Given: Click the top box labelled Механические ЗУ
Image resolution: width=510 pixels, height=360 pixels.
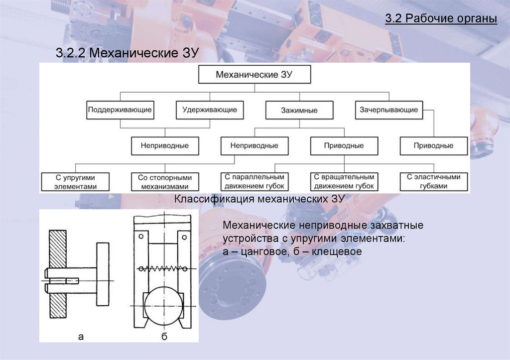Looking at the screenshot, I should (255, 75).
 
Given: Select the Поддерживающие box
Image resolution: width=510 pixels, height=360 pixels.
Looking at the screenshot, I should (120, 110).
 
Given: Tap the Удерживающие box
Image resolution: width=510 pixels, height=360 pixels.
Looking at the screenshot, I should (209, 110).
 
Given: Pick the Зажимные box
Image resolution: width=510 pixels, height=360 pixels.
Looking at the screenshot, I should (299, 110).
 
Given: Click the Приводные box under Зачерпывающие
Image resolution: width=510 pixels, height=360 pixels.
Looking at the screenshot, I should (433, 146).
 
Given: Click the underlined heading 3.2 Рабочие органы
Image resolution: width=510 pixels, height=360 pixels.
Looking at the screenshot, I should (441, 20).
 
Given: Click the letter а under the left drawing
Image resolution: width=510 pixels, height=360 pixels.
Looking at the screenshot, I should (80, 337).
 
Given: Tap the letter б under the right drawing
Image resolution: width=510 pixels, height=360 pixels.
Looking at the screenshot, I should (164, 337).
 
